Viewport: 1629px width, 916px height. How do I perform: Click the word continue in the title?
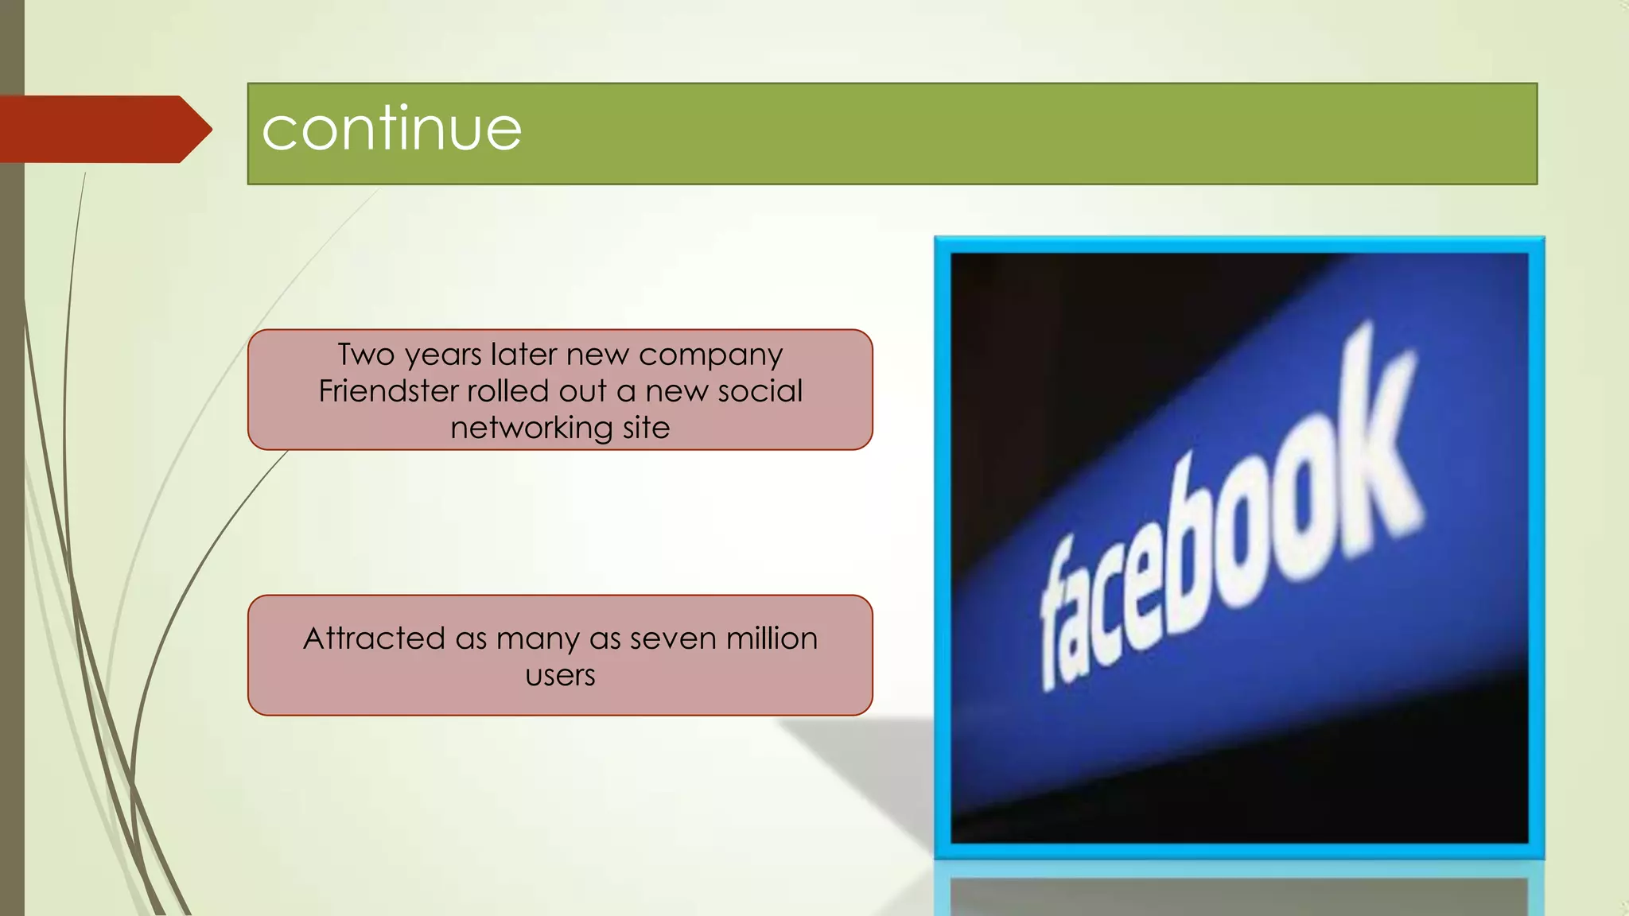point(391,129)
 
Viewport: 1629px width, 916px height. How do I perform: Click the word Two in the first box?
point(366,355)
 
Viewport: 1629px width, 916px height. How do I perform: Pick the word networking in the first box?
point(531,429)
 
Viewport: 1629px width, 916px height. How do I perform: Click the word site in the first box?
point(646,428)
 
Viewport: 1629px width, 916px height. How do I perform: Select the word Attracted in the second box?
point(374,638)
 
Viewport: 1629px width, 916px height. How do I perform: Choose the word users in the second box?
point(560,676)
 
